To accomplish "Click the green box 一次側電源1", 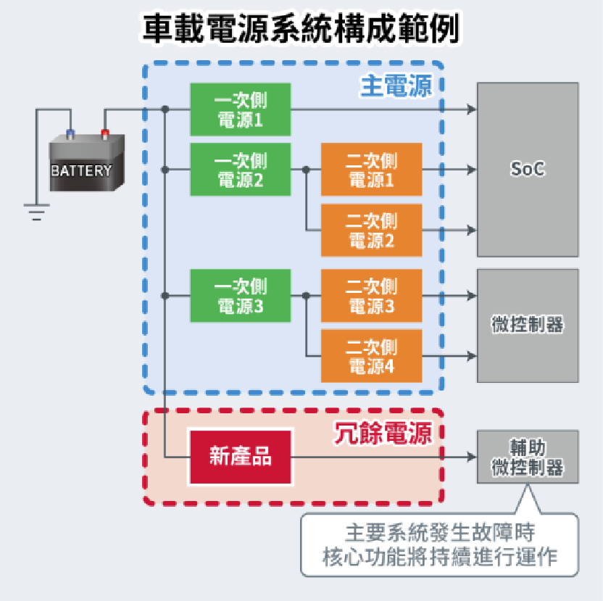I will [241, 109].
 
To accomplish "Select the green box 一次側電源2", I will [241, 170].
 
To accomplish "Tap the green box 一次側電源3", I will [241, 296].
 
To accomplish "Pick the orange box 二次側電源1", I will [371, 170].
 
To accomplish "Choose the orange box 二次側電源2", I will [371, 230].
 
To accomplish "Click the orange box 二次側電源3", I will [371, 296].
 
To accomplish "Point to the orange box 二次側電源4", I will [371, 356].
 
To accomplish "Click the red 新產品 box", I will [241, 457].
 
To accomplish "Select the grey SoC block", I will [527, 170].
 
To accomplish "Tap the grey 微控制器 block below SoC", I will [527, 326].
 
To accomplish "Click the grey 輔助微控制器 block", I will [527, 457].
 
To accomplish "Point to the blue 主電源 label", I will [396, 86].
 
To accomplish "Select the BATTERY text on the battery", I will [81, 171].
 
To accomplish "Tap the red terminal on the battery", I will [105, 133].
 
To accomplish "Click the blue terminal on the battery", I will [70, 133].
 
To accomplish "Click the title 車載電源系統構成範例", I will [301, 30].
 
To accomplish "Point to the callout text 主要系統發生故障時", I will [440, 534].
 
